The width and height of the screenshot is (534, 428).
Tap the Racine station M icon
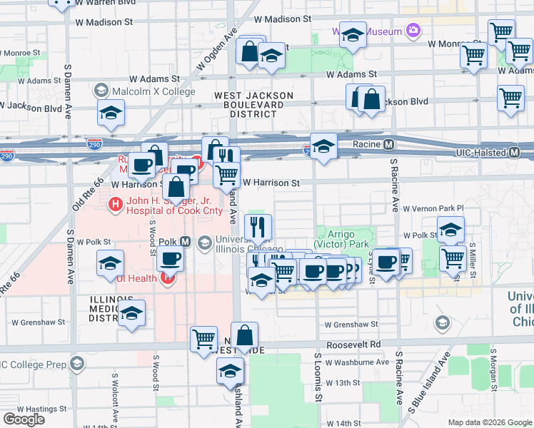(x=389, y=145)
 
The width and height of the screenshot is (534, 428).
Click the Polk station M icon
(x=185, y=243)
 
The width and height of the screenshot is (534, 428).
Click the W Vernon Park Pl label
(x=433, y=209)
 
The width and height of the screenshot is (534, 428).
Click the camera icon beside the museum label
(x=413, y=30)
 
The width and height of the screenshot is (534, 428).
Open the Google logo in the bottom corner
(x=24, y=419)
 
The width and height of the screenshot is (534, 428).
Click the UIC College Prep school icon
(x=76, y=364)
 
